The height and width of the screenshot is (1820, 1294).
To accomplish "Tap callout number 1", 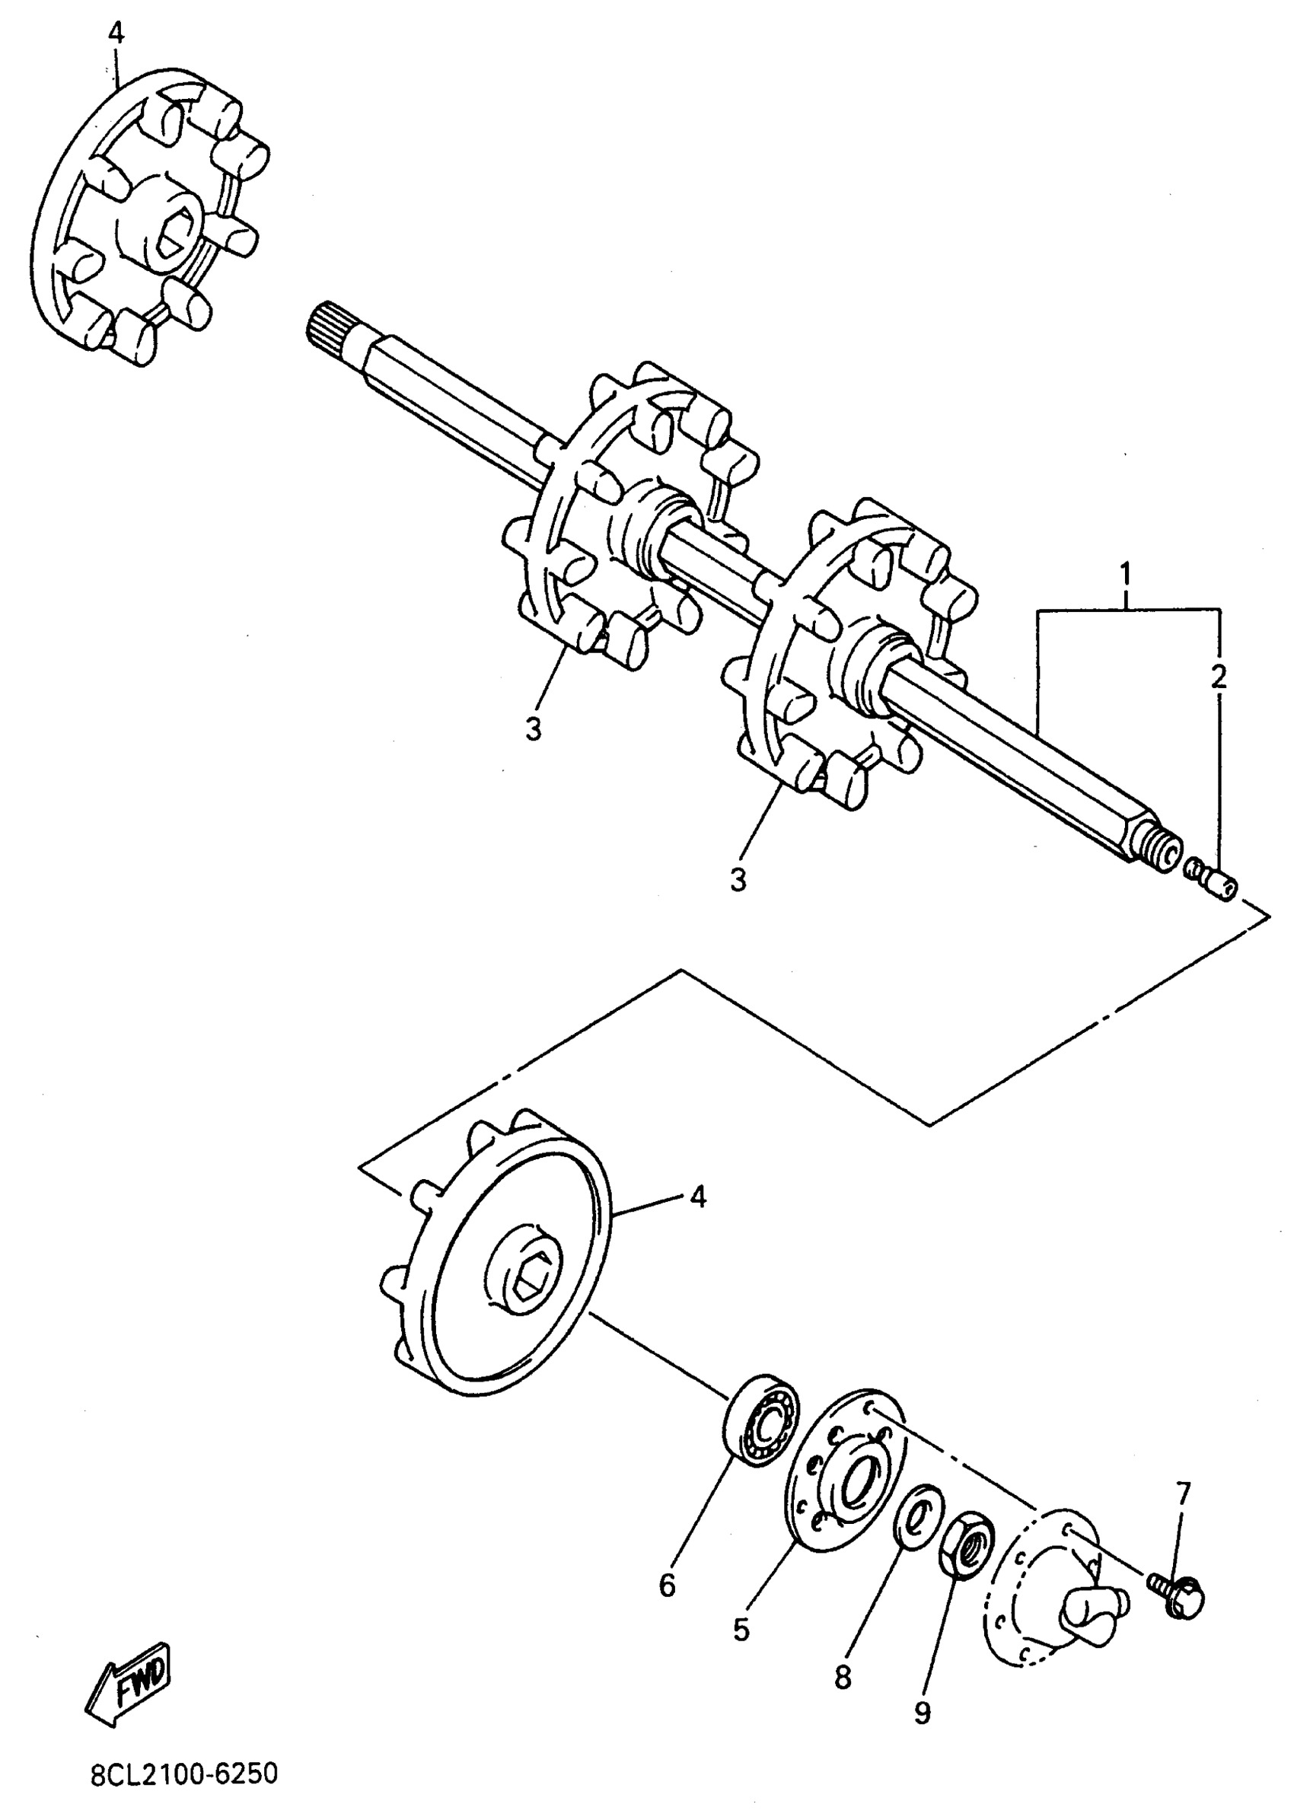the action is point(1125,574).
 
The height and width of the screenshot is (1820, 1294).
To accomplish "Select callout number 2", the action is point(1219,677).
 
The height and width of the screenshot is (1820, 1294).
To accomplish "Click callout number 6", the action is point(667,1586).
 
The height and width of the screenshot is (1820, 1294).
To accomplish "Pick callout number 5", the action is point(741,1630).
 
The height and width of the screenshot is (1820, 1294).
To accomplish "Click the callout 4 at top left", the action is point(116,33).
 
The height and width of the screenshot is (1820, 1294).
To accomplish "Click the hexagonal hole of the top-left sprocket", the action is point(170,237).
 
